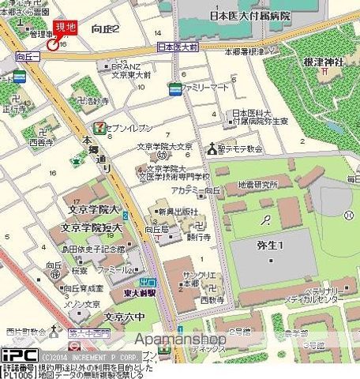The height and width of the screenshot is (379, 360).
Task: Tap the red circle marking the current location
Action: (x=52, y=44)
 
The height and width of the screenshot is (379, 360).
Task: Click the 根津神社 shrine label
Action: (x=325, y=62)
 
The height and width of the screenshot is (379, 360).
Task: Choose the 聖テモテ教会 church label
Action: (x=241, y=148)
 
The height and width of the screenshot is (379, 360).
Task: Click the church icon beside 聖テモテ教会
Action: (x=212, y=148)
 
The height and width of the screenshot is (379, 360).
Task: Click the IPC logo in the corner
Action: (x=13, y=355)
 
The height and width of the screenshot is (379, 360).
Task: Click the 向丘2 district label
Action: (x=105, y=29)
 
